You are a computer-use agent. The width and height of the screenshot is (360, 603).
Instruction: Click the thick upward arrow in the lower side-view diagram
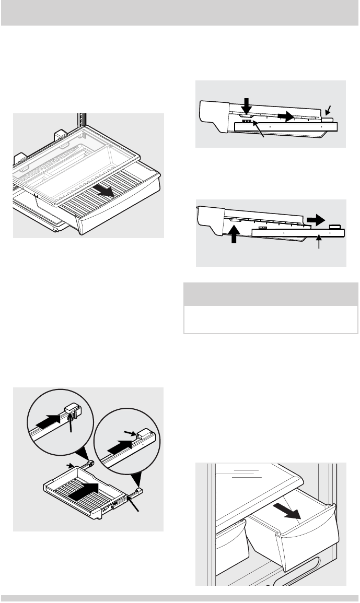234,235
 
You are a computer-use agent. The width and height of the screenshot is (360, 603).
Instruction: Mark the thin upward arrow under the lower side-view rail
319,242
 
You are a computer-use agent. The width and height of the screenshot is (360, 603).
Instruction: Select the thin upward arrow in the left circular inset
71,423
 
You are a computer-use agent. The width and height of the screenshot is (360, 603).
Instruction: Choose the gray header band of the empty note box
271,294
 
